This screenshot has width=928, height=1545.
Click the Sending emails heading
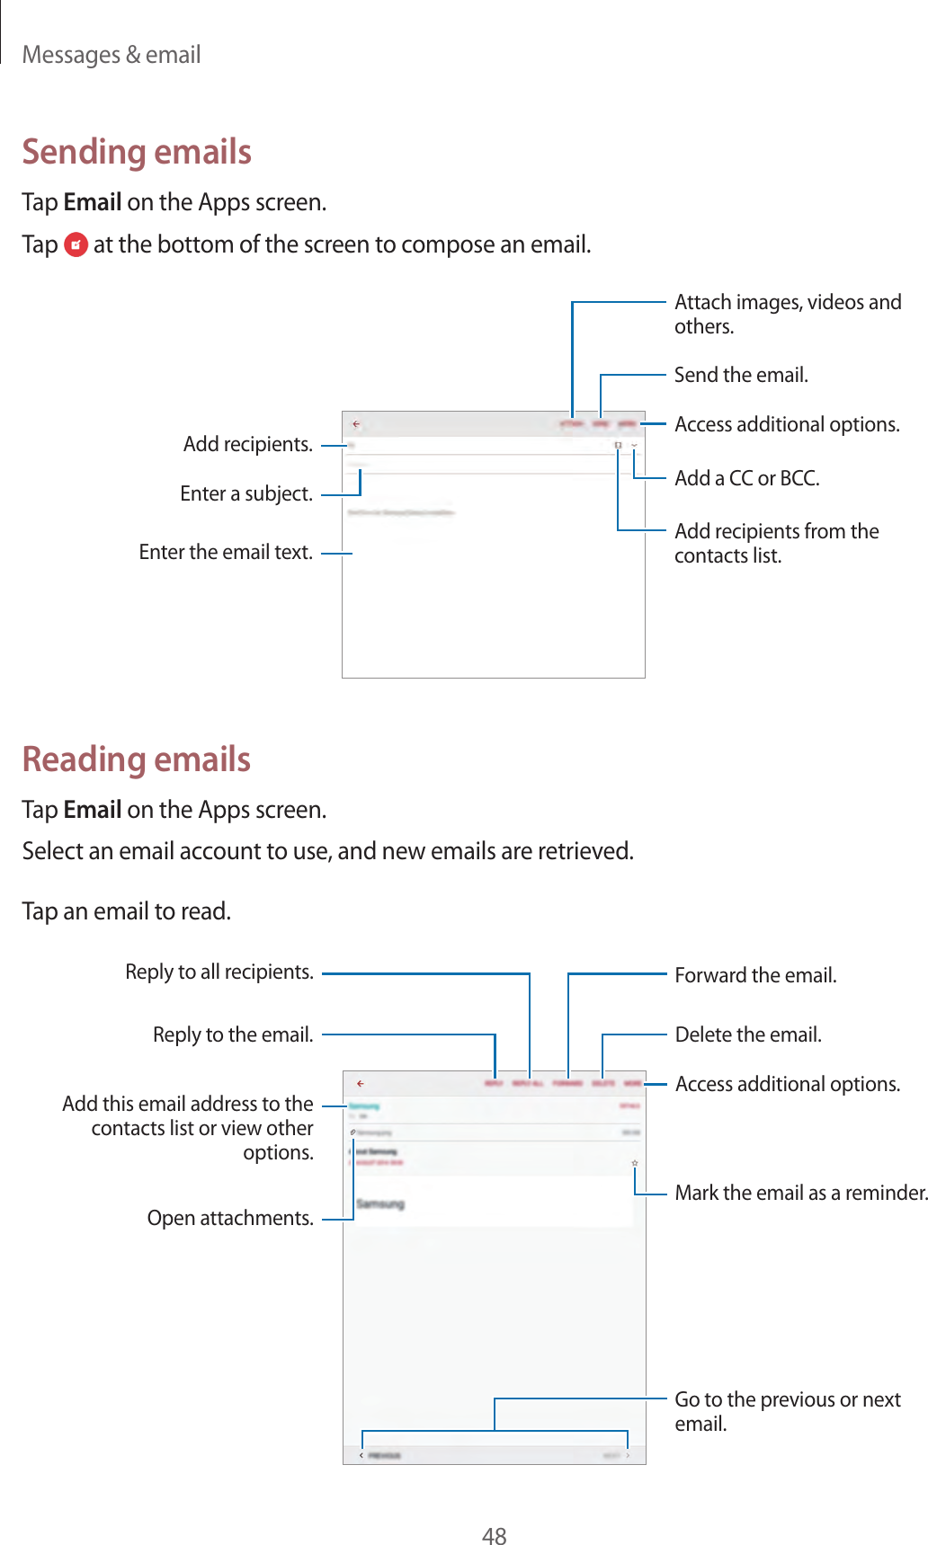[137, 152]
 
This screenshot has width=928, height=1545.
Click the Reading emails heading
[137, 759]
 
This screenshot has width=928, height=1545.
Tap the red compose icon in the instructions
[76, 244]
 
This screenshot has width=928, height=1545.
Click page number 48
[494, 1535]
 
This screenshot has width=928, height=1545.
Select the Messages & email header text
[112, 55]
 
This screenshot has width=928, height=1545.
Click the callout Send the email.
[741, 375]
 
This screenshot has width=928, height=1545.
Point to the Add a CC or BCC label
[746, 478]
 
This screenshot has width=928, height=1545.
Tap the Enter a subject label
[246, 493]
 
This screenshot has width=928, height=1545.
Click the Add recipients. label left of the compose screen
[248, 444]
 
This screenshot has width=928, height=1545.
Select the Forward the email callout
[755, 975]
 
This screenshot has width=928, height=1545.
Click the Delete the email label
[748, 1034]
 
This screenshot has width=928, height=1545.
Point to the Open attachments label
[230, 1218]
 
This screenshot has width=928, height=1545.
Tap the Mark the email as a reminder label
[800, 1193]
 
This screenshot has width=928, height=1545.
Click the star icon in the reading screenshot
[634, 1163]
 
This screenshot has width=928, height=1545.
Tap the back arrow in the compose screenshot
[356, 423]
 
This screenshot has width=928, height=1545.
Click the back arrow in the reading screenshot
[360, 1084]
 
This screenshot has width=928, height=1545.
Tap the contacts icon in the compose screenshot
[618, 445]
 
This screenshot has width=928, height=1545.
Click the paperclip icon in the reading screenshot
[353, 1132]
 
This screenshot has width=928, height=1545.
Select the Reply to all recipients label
[219, 972]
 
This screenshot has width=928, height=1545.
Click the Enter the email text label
[226, 552]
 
